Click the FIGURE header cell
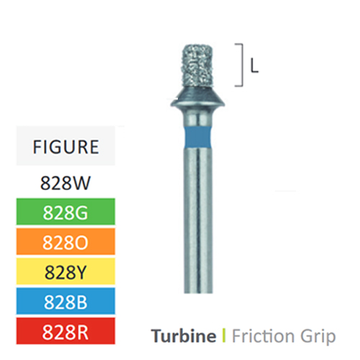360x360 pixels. (x=66, y=145)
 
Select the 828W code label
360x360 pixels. (x=66, y=183)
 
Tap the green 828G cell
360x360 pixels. (x=66, y=212)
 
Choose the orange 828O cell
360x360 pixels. (x=66, y=241)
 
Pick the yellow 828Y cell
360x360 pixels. (x=66, y=271)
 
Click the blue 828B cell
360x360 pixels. (x=66, y=301)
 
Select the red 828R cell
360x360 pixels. (x=66, y=331)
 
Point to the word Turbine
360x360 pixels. (x=184, y=336)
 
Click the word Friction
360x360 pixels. (x=263, y=336)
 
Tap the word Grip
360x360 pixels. (x=318, y=337)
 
